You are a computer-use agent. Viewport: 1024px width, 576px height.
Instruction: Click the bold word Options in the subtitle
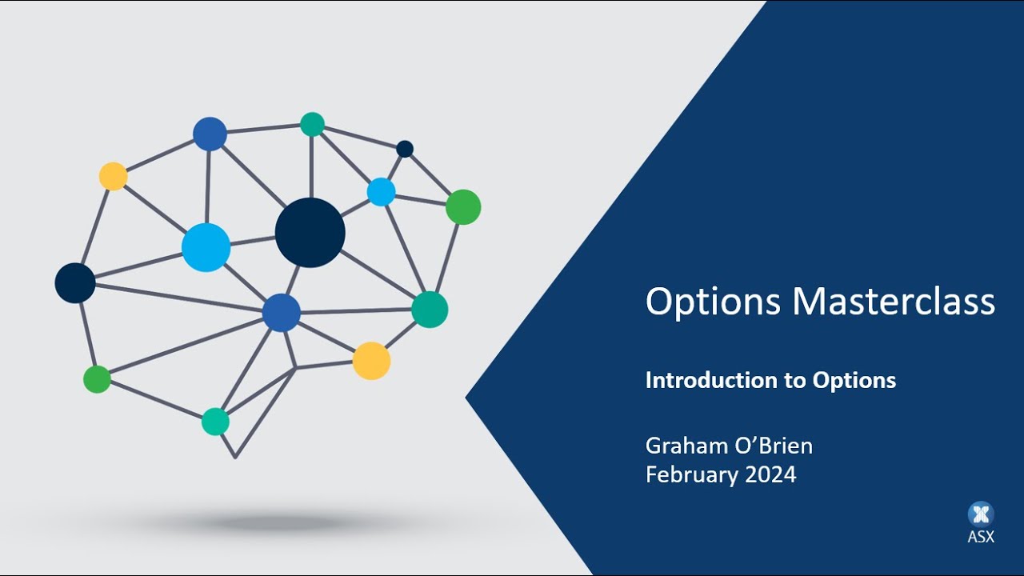click(854, 381)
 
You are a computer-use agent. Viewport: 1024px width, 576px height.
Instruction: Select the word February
click(692, 474)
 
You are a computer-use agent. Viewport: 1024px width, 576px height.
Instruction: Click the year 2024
click(770, 474)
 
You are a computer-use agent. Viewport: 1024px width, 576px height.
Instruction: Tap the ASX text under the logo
click(981, 537)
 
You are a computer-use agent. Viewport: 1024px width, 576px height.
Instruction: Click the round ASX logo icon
click(981, 514)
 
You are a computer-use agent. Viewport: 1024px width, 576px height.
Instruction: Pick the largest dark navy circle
click(310, 233)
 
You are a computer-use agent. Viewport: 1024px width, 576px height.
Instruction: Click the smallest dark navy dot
click(405, 149)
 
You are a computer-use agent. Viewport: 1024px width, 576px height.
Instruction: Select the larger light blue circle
click(206, 247)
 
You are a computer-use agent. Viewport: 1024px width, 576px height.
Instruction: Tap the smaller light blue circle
click(381, 192)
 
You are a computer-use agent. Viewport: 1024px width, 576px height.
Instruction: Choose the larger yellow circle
click(371, 361)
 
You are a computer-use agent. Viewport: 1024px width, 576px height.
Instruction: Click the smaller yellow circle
click(114, 176)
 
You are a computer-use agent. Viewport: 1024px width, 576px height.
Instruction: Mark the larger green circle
click(463, 207)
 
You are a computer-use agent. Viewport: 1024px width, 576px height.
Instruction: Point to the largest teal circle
click(430, 310)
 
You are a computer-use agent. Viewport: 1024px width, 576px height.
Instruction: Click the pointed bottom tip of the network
click(235, 457)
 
